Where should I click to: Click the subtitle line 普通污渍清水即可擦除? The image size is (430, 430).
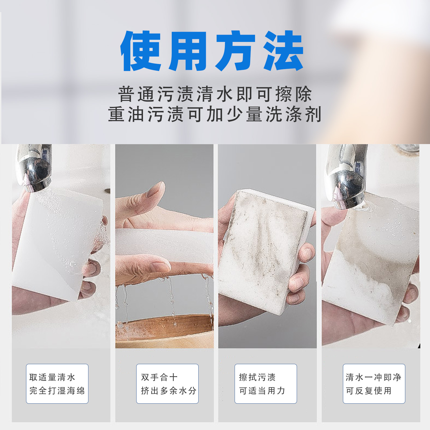(215, 94)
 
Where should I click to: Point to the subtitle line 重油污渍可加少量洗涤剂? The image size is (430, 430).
(215, 114)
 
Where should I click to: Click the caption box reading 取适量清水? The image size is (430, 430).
(57, 384)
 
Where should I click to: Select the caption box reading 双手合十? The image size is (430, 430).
(167, 384)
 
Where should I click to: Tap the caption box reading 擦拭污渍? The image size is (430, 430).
(266, 384)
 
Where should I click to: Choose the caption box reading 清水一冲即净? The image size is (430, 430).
(374, 384)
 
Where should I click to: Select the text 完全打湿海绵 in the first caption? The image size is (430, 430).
(57, 391)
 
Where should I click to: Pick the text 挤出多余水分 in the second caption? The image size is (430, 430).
(169, 391)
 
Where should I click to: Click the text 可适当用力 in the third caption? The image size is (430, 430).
(262, 391)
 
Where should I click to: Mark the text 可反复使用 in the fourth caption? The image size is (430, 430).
(368, 391)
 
